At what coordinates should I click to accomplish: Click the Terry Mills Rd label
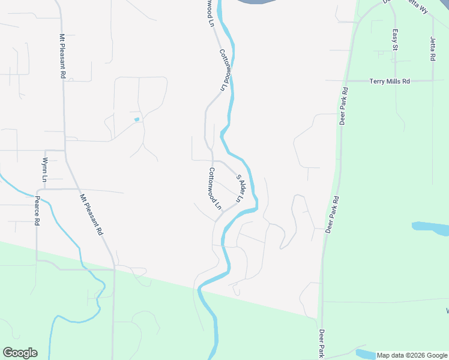coord(389,81)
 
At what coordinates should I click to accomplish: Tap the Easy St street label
coord(395,40)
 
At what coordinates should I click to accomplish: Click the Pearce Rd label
coord(37,211)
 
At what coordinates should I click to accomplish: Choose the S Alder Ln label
coord(241,188)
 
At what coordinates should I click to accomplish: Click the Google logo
coord(20,353)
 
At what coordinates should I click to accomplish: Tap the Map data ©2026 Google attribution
coord(412,355)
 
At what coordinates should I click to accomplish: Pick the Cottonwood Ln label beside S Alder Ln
coord(214,188)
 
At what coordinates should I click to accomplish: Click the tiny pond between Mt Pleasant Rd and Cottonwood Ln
coord(137,119)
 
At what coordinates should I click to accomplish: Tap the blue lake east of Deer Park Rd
coord(431,229)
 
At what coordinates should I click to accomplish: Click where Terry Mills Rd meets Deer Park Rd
coord(346,81)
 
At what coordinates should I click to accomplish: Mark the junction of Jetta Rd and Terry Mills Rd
coord(433,80)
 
